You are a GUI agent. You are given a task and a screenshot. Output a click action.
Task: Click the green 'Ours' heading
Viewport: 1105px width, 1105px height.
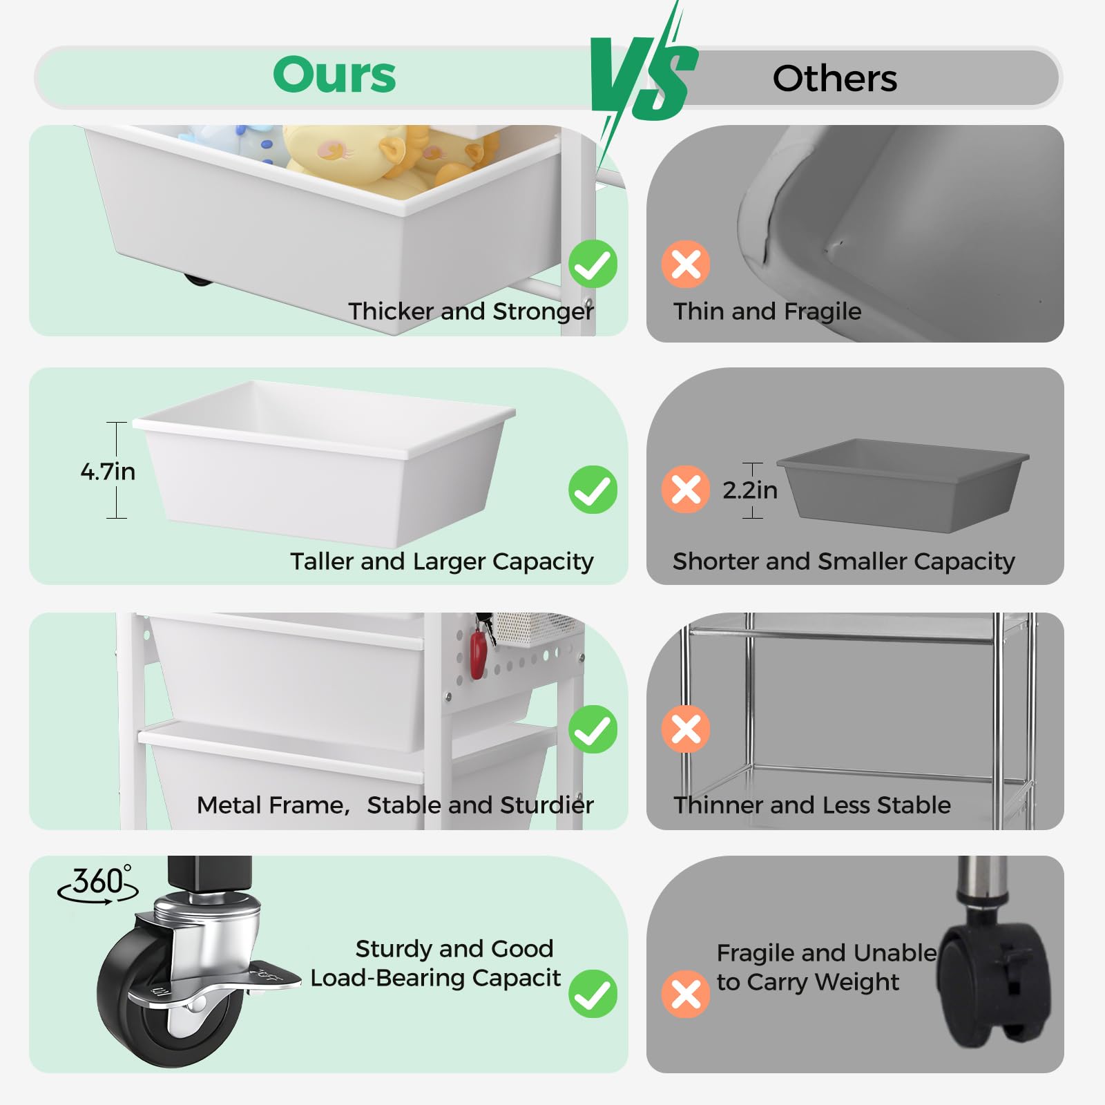(334, 75)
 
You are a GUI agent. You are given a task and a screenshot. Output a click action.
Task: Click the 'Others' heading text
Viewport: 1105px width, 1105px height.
(834, 79)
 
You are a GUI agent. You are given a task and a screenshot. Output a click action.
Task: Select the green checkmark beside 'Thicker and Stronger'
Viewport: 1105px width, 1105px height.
(593, 264)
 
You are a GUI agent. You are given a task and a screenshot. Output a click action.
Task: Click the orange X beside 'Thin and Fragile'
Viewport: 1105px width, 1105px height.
(686, 264)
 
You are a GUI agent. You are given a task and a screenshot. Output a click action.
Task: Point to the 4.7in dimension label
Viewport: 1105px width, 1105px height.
(108, 472)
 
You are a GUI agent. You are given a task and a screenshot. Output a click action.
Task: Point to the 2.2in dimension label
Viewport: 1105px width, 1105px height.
(750, 490)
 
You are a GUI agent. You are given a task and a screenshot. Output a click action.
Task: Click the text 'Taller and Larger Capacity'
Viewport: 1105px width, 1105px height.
(441, 561)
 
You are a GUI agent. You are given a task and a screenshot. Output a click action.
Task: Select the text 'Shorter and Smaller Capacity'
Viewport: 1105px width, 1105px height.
(843, 561)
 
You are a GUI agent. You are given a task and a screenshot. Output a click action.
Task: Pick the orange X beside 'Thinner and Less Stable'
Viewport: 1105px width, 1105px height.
(686, 729)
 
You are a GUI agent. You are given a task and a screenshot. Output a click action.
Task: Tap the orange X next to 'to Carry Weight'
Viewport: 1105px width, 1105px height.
(686, 995)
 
